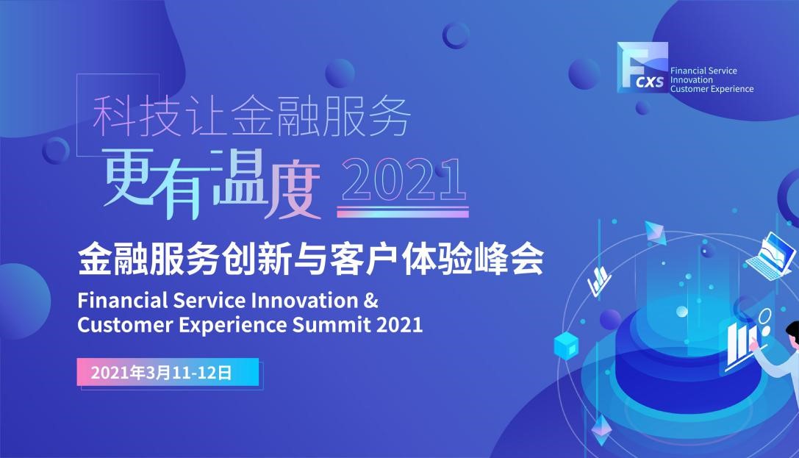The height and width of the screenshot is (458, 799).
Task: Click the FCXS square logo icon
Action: [642, 67]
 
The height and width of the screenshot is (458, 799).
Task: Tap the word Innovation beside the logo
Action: [692, 80]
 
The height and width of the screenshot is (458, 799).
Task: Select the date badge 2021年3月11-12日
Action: [168, 372]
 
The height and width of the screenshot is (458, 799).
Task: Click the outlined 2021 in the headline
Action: [403, 180]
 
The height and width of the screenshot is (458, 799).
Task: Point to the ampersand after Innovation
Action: [371, 301]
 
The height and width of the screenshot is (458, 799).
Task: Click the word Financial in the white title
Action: [122, 301]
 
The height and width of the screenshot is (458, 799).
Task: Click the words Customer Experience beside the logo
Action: [712, 89]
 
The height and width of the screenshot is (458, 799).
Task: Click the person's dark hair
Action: [792, 332]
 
